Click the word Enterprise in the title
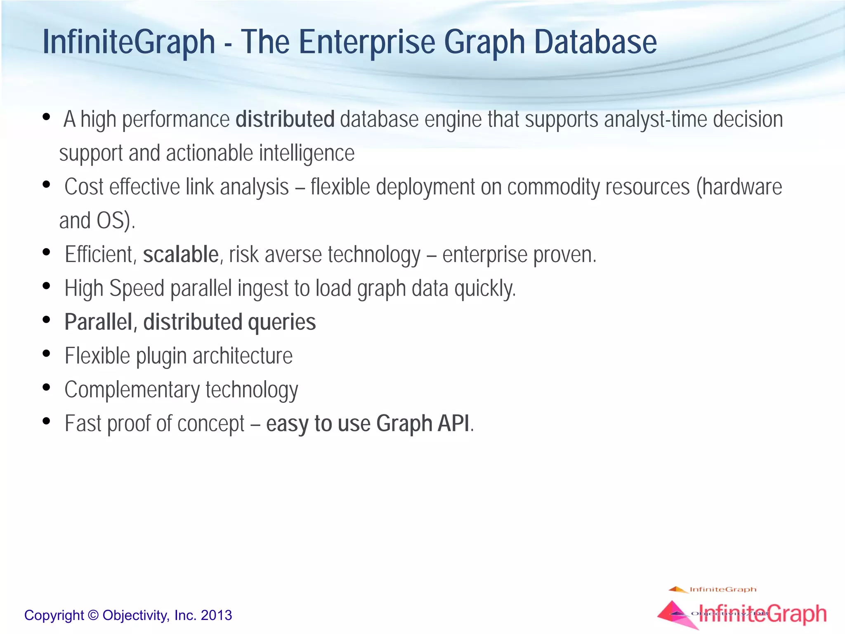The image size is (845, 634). [367, 42]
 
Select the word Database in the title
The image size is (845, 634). [595, 42]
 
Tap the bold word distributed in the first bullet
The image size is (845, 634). [285, 119]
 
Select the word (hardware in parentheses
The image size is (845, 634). [739, 187]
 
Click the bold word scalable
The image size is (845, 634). [181, 254]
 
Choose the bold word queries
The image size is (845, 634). [282, 322]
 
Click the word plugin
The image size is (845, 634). [161, 356]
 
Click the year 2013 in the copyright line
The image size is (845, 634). [216, 615]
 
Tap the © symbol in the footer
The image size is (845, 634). [94, 615]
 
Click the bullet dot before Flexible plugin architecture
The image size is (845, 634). [46, 354]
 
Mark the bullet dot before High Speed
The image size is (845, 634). [46, 286]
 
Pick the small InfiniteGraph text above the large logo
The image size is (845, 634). [722, 589]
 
